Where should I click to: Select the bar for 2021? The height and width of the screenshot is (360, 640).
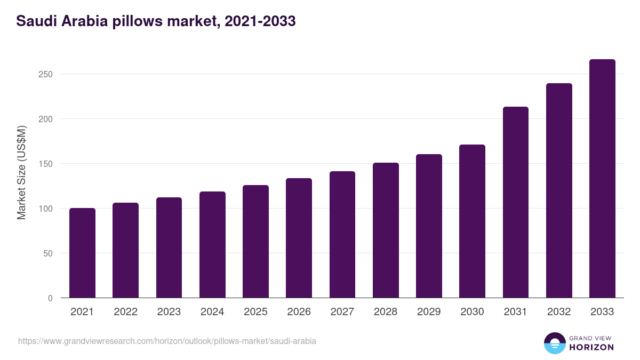point(82,253)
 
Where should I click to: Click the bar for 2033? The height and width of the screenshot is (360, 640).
point(602,179)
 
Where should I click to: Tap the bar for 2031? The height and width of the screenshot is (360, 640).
point(515,202)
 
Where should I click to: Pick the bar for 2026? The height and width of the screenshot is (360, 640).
point(299,238)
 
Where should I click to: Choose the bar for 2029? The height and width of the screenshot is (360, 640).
point(429,226)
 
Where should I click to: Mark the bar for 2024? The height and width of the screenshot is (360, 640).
point(212,244)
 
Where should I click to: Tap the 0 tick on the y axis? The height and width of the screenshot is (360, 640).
point(50,298)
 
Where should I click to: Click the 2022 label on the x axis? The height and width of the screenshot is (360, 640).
point(126,312)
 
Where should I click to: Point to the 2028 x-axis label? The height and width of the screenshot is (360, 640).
point(386,312)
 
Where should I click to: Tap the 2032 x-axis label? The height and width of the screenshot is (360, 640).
point(559,312)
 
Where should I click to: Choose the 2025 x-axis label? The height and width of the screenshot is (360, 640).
point(255,312)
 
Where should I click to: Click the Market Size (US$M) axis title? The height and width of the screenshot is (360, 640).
point(21,172)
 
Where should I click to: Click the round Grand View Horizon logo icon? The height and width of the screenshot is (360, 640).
point(554,343)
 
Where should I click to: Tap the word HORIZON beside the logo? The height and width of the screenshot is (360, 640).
point(591,347)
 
